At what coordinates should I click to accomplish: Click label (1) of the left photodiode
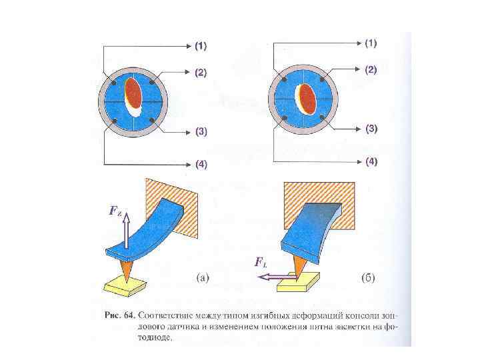click(x=201, y=47)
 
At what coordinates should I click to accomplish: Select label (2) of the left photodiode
click(x=201, y=72)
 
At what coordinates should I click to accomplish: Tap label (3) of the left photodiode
click(x=201, y=131)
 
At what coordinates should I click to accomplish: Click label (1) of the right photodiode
click(x=371, y=43)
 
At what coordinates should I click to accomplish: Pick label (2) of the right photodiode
click(x=371, y=69)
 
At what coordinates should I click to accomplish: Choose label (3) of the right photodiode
click(x=371, y=128)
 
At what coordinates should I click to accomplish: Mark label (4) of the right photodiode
click(x=371, y=161)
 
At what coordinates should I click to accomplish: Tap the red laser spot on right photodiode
click(x=308, y=96)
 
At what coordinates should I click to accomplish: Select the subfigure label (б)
click(x=367, y=277)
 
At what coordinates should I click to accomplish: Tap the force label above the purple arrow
click(x=261, y=262)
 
